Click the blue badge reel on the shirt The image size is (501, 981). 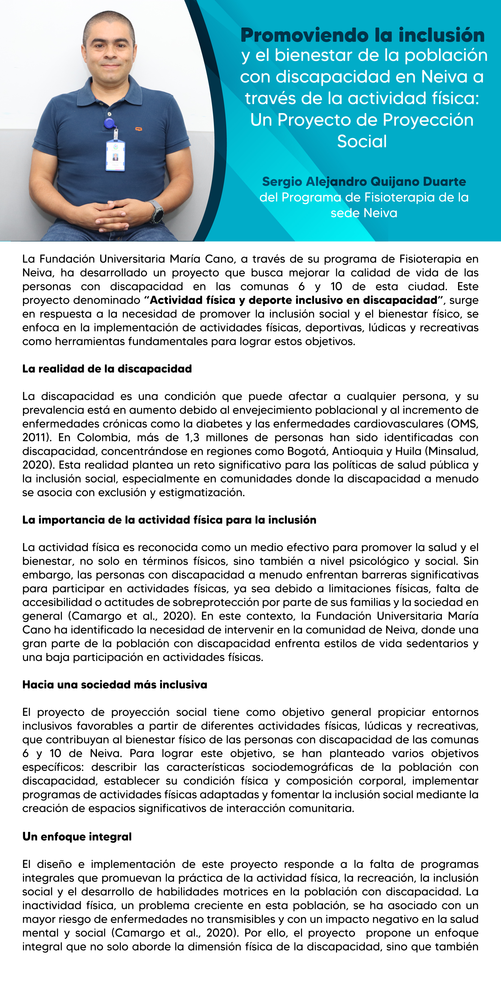[x=109, y=123]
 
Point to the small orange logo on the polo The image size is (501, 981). [x=139, y=129]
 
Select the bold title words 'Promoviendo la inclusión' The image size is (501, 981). [x=362, y=35]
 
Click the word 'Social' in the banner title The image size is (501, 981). [x=362, y=141]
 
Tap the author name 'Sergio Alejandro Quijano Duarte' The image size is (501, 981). [x=364, y=182]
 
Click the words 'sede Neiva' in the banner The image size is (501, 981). [x=364, y=213]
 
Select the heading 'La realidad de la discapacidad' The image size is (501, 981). [x=107, y=369]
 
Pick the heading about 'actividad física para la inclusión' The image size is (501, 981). [x=169, y=520]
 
